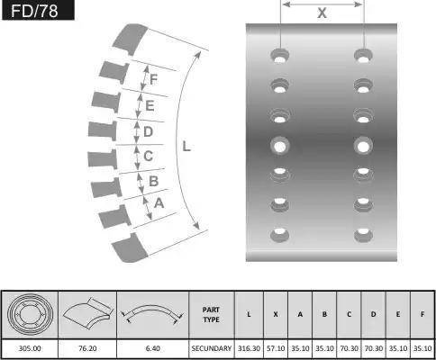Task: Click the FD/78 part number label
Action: tap(34, 11)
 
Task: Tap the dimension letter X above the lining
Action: tap(322, 13)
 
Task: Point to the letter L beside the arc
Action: tap(186, 147)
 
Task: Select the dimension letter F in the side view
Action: tap(153, 79)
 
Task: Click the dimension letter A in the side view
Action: tap(159, 203)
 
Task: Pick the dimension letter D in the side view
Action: tap(148, 131)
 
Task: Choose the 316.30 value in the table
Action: tap(249, 348)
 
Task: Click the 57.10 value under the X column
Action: tap(276, 348)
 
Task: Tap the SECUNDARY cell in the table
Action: tap(212, 348)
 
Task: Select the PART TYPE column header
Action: tap(211, 315)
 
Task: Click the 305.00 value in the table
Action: tap(30, 348)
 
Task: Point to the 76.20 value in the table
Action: tap(87, 348)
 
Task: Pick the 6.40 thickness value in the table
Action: tap(153, 348)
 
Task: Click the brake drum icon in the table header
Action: tap(30, 314)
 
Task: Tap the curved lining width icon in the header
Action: tap(88, 313)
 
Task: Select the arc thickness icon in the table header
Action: tap(152, 314)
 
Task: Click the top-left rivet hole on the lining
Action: tap(280, 56)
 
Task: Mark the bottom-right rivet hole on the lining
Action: tap(363, 234)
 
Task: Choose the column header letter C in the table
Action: tap(349, 314)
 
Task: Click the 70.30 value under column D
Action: tap(374, 348)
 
